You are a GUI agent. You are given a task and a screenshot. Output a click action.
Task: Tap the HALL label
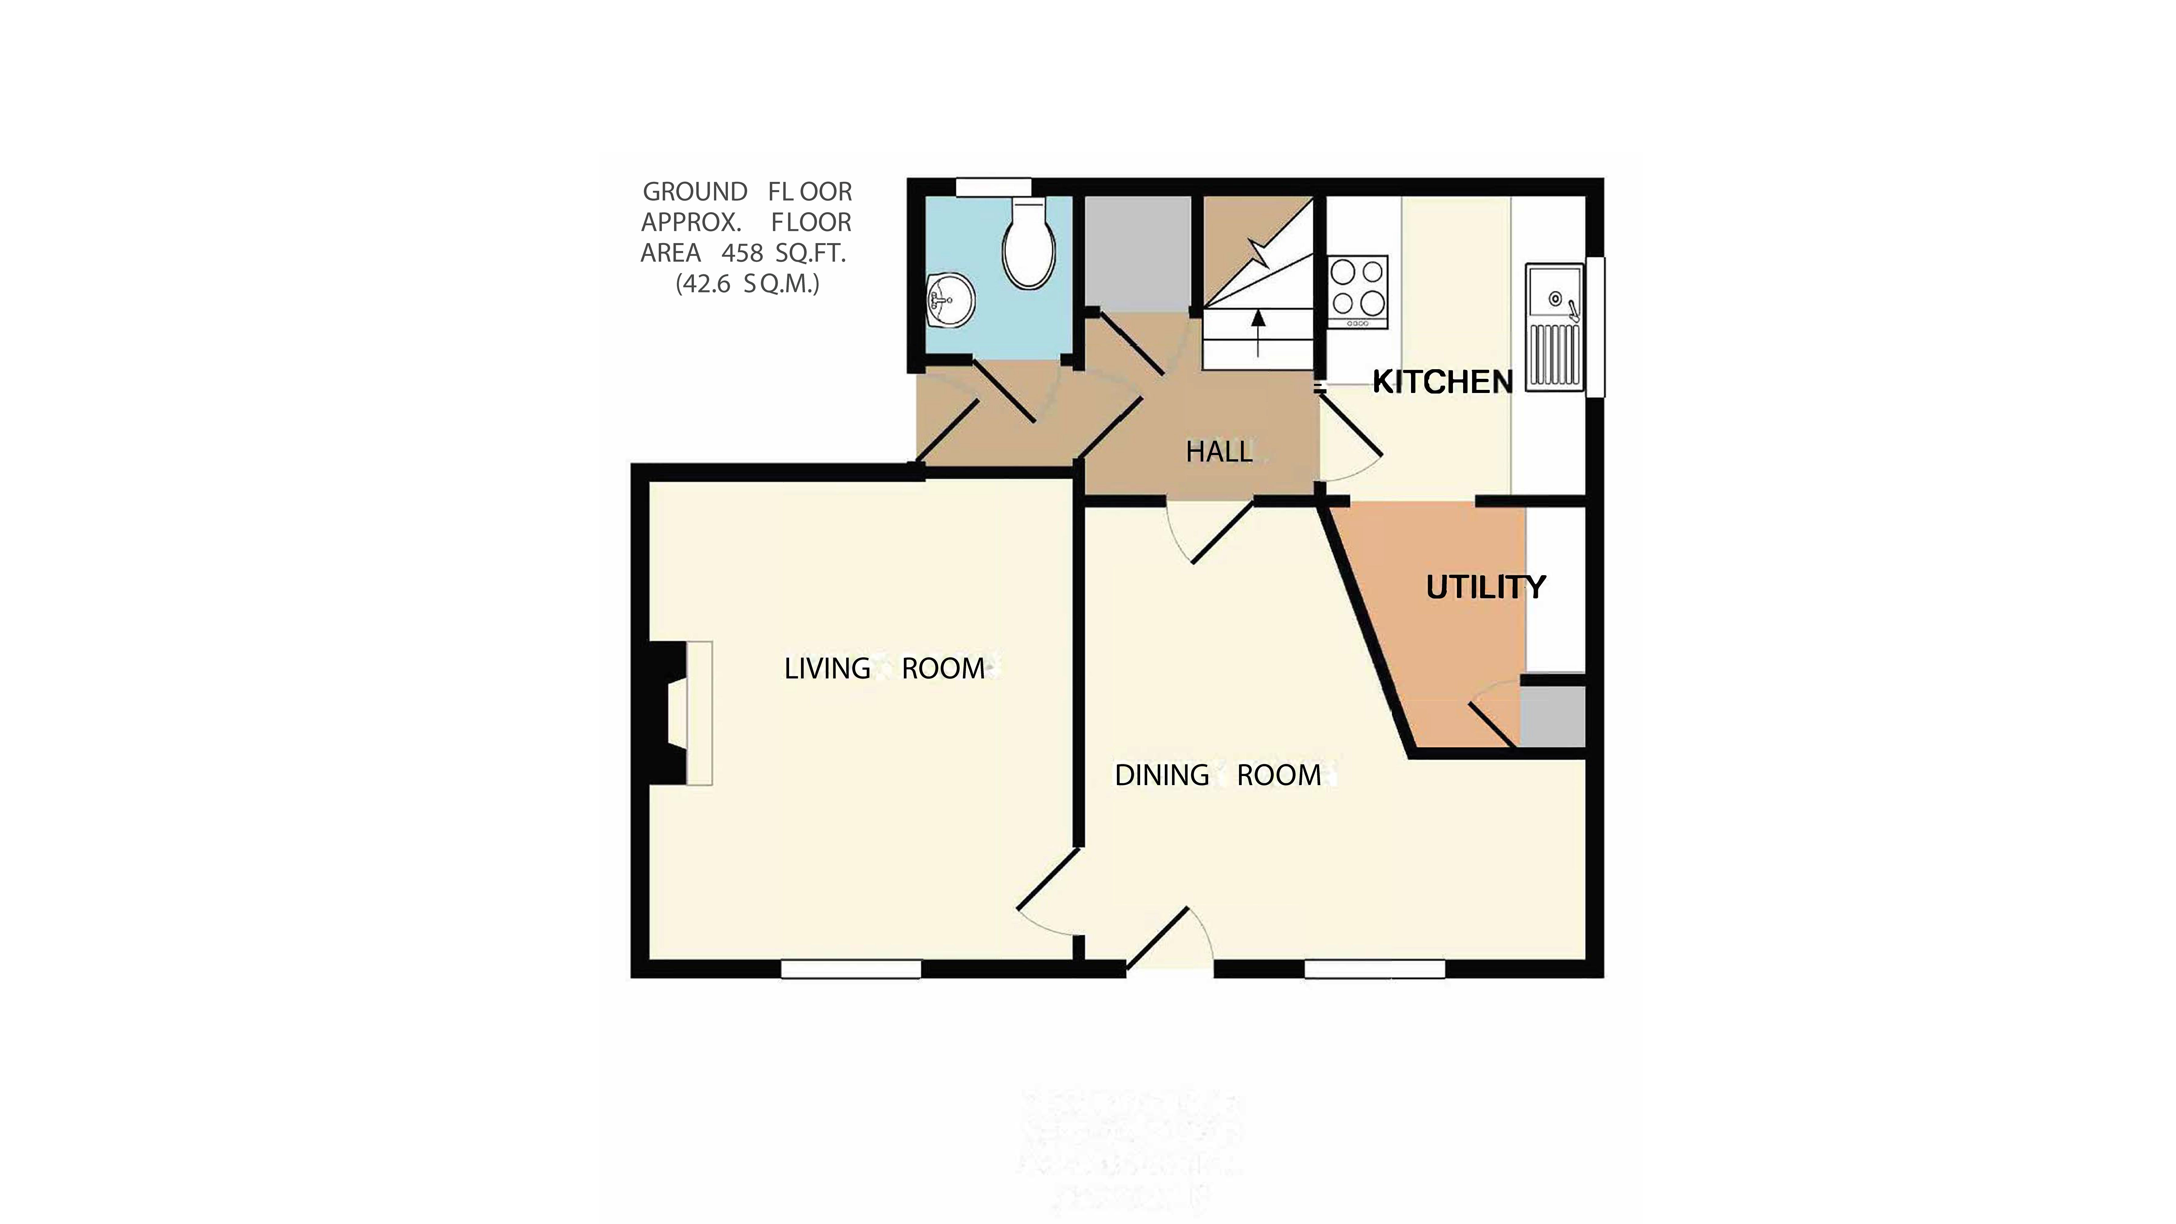[x=1219, y=452]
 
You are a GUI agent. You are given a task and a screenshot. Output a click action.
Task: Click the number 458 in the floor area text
[x=742, y=252]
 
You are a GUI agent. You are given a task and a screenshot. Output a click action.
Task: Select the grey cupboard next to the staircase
[x=1137, y=253]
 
